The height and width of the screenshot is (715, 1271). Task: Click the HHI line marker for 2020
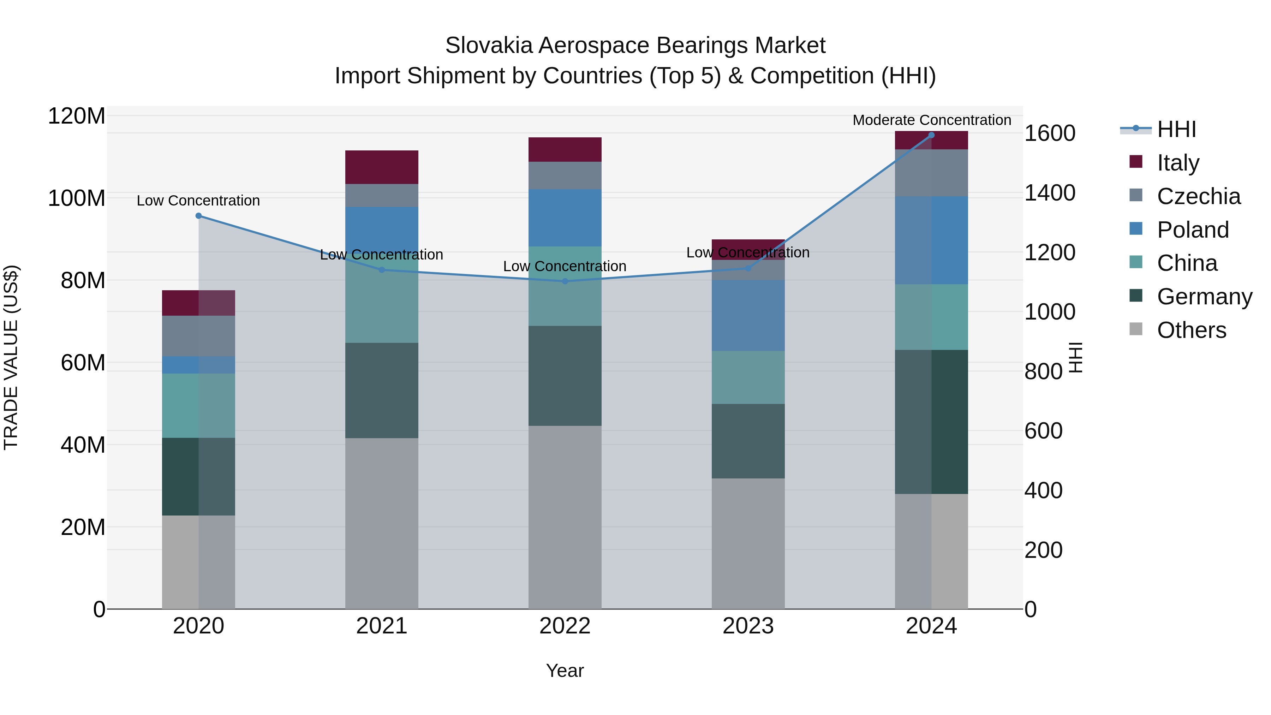198,216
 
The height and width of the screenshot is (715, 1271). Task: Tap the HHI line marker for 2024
931,135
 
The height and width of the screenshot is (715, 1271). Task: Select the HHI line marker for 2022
565,281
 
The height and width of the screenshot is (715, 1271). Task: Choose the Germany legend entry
1204,297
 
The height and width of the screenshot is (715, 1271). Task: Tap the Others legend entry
1191,330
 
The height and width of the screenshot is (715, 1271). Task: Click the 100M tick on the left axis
77,198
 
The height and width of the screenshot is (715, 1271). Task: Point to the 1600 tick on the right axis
1050,133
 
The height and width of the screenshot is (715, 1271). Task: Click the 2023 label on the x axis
748,626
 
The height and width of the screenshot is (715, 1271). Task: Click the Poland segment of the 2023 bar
748,315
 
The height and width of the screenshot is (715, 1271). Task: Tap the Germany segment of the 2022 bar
565,376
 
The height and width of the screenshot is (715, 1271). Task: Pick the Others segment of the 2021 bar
381,523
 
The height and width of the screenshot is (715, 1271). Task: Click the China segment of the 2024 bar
931,317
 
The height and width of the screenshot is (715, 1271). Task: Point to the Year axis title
565,671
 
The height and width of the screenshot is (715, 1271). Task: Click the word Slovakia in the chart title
489,46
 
